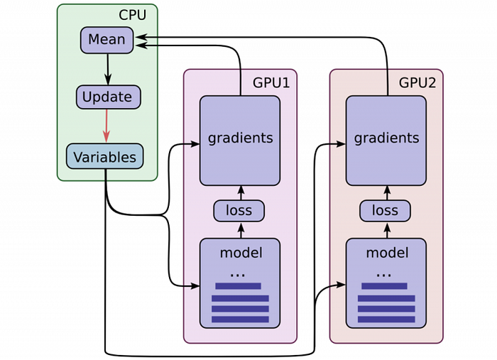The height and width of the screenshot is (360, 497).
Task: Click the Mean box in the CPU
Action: click(107, 40)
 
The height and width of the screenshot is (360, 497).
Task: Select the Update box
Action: click(108, 97)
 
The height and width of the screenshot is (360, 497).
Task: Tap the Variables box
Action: click(105, 156)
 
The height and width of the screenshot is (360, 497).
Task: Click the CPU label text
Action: click(132, 15)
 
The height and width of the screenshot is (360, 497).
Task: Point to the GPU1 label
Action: click(271, 82)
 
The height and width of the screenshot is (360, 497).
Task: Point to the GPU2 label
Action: click(417, 82)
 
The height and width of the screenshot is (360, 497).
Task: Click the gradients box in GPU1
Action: click(240, 138)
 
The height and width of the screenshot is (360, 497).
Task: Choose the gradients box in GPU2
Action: click(386, 138)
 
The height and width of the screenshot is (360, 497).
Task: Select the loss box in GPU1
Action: click(239, 210)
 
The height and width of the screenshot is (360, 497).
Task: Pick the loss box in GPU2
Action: click(385, 210)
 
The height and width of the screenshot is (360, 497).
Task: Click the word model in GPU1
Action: click(241, 252)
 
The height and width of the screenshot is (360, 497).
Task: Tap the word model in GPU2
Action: click(387, 252)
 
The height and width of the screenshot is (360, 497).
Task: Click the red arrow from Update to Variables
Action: click(106, 126)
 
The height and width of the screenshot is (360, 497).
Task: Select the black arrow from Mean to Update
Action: click(108, 69)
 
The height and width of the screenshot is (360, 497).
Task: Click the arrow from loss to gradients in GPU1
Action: click(240, 192)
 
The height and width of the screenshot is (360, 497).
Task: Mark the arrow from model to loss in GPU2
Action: click(386, 229)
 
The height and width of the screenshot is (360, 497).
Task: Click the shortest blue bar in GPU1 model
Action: click(238, 286)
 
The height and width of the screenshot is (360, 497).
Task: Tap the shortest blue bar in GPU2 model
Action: click(384, 286)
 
